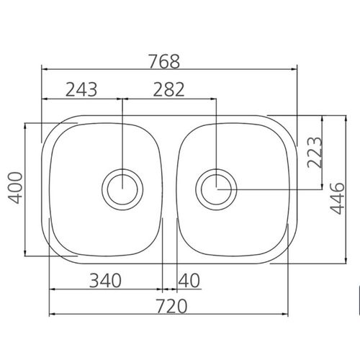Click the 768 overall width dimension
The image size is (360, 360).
[164, 62]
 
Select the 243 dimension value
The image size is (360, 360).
[81, 89]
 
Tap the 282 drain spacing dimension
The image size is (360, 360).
[168, 89]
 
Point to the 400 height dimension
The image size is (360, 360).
[15, 188]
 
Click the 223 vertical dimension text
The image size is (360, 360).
[315, 152]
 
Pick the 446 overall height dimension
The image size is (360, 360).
[337, 199]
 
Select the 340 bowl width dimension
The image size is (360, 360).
[105, 281]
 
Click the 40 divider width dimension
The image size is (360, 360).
[189, 281]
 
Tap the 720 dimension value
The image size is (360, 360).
[171, 306]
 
